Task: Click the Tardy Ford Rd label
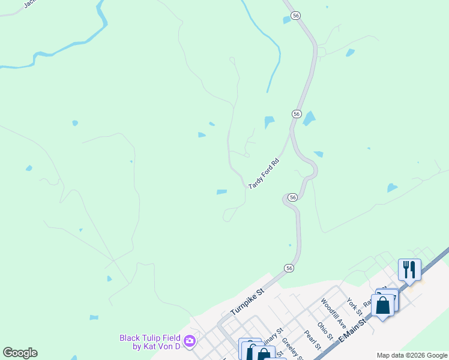[x=264, y=174]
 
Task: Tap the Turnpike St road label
[x=247, y=304]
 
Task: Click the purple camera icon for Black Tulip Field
[x=190, y=341]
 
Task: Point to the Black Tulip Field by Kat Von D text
[x=150, y=342]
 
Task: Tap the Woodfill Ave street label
[x=334, y=310]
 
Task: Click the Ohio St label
[x=325, y=332]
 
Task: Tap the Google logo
[x=20, y=353]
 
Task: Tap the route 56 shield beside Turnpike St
[x=289, y=268]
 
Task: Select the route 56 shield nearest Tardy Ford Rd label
[x=292, y=197]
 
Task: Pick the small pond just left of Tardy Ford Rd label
[x=221, y=192]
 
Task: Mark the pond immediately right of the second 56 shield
[x=309, y=118]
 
